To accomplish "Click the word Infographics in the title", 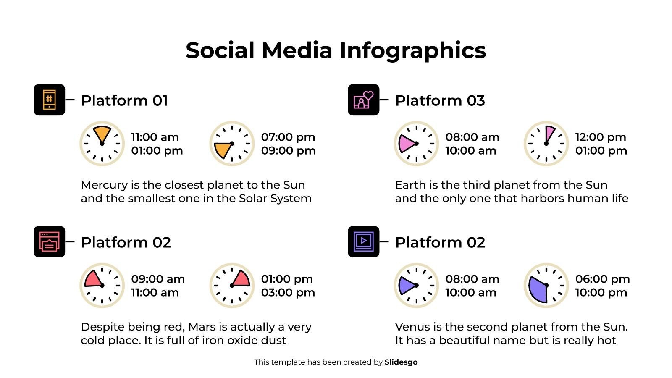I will tap(412, 51).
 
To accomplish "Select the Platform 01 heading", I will tap(124, 101).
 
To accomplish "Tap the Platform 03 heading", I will tap(440, 101).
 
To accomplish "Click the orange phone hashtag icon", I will tap(49, 100).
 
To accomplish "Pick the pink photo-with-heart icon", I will tap(363, 100).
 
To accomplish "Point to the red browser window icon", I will tap(49, 242).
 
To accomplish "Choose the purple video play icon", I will tap(363, 242).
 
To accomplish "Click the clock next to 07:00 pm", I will tap(232, 144).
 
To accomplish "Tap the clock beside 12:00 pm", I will tap(546, 144).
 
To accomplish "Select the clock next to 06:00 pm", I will tap(546, 286).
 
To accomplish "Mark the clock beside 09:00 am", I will tap(102, 286).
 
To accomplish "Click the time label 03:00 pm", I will tap(288, 293).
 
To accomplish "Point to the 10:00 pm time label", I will tap(601, 293).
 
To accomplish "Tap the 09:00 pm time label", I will tap(288, 151).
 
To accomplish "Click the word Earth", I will tap(409, 185).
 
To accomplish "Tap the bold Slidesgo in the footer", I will tap(401, 362).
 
